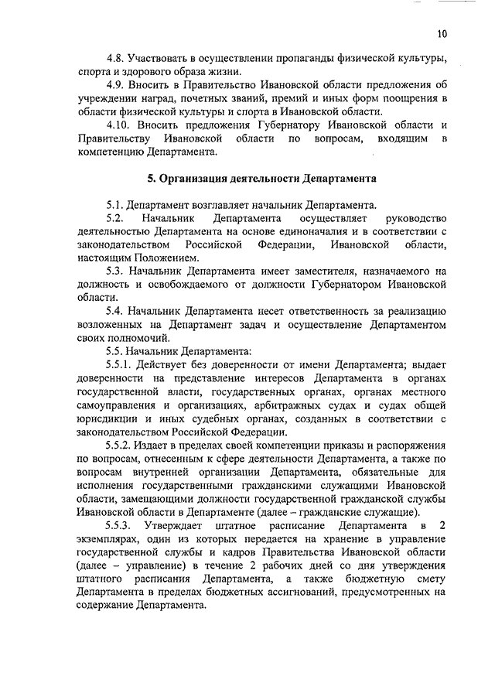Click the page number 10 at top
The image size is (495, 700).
[x=441, y=33]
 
